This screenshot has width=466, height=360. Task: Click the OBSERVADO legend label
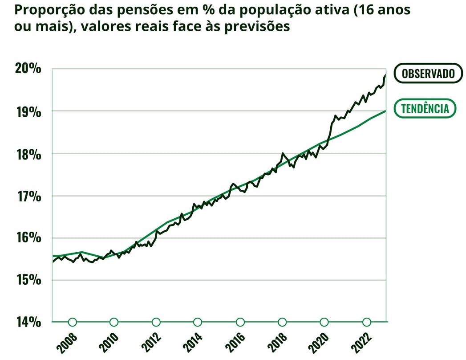(x=428, y=74)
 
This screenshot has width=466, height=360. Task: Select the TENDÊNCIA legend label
(x=425, y=108)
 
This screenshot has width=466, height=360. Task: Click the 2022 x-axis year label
(x=362, y=342)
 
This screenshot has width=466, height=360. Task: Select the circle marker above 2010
(x=114, y=322)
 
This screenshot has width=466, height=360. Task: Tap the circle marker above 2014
(x=198, y=322)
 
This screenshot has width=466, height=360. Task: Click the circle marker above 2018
(x=282, y=322)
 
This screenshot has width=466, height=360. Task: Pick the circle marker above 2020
(x=324, y=322)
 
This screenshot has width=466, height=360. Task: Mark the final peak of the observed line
(x=385, y=76)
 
